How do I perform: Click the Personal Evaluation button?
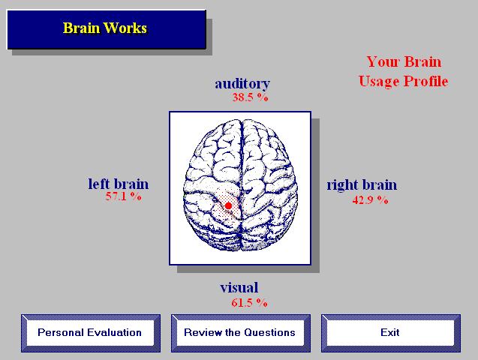click(91, 333)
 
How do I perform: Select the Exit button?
click(390, 333)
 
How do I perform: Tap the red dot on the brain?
click(228, 206)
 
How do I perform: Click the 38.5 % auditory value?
click(251, 97)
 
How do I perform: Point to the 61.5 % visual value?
click(249, 302)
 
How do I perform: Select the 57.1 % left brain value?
click(124, 196)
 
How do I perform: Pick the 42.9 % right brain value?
click(370, 199)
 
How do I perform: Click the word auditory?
click(242, 83)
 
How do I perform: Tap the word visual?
click(239, 287)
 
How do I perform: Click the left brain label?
click(119, 184)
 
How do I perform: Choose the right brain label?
click(362, 185)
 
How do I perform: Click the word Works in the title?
click(125, 28)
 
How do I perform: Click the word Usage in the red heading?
click(379, 82)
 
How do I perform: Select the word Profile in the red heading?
click(426, 81)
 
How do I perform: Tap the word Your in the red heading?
click(383, 61)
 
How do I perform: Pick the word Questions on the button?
click(269, 332)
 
